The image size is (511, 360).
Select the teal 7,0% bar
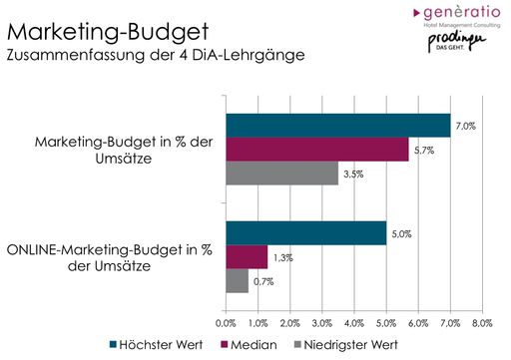(337, 125)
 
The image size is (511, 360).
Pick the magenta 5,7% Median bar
(316, 150)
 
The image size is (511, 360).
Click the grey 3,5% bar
(281, 174)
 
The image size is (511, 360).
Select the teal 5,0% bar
(305, 232)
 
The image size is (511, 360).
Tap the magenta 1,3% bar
(247, 257)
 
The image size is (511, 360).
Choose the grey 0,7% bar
(237, 281)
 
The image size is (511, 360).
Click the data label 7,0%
(465, 125)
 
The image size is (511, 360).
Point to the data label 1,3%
(283, 257)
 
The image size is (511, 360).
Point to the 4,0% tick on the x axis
(353, 323)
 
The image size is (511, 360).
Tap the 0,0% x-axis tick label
(226, 323)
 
